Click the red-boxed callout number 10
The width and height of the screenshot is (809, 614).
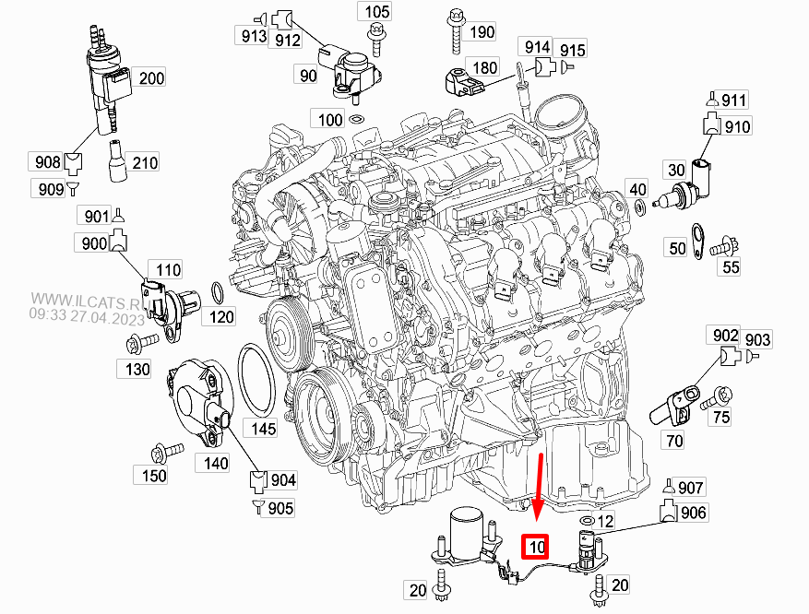535,547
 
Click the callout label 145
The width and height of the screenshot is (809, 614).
265,428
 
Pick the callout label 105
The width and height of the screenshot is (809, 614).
376,12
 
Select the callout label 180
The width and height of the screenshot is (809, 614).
485,67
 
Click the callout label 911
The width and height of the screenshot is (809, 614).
734,100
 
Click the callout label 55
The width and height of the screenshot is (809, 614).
731,267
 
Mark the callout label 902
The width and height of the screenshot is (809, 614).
727,337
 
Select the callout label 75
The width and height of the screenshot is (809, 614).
720,417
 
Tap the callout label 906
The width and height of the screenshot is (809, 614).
694,513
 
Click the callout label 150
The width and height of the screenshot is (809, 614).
154,476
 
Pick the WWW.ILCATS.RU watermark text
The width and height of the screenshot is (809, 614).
88,301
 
